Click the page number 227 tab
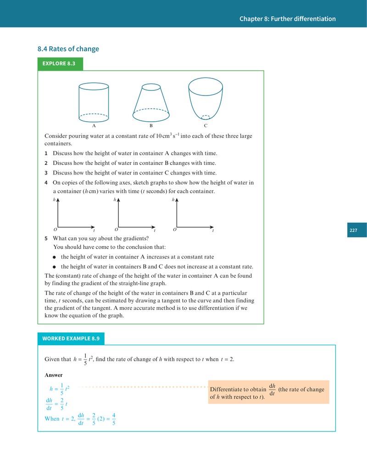point(357,230)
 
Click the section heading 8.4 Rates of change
point(68,49)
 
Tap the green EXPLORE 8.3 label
point(60,64)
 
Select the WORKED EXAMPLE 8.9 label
point(71,338)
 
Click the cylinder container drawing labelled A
point(94,102)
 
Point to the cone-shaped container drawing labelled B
point(151,103)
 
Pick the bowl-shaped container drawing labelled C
point(206,99)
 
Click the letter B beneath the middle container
point(151,126)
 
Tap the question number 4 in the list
point(46,182)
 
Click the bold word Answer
point(54,375)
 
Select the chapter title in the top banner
point(288,19)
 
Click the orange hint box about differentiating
point(268,392)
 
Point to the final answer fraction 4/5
point(114,419)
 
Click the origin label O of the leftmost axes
point(55,230)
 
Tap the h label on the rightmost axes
point(173,200)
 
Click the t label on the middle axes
point(155,230)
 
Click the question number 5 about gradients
point(46,239)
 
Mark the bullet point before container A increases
point(54,257)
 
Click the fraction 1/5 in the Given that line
point(85,359)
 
